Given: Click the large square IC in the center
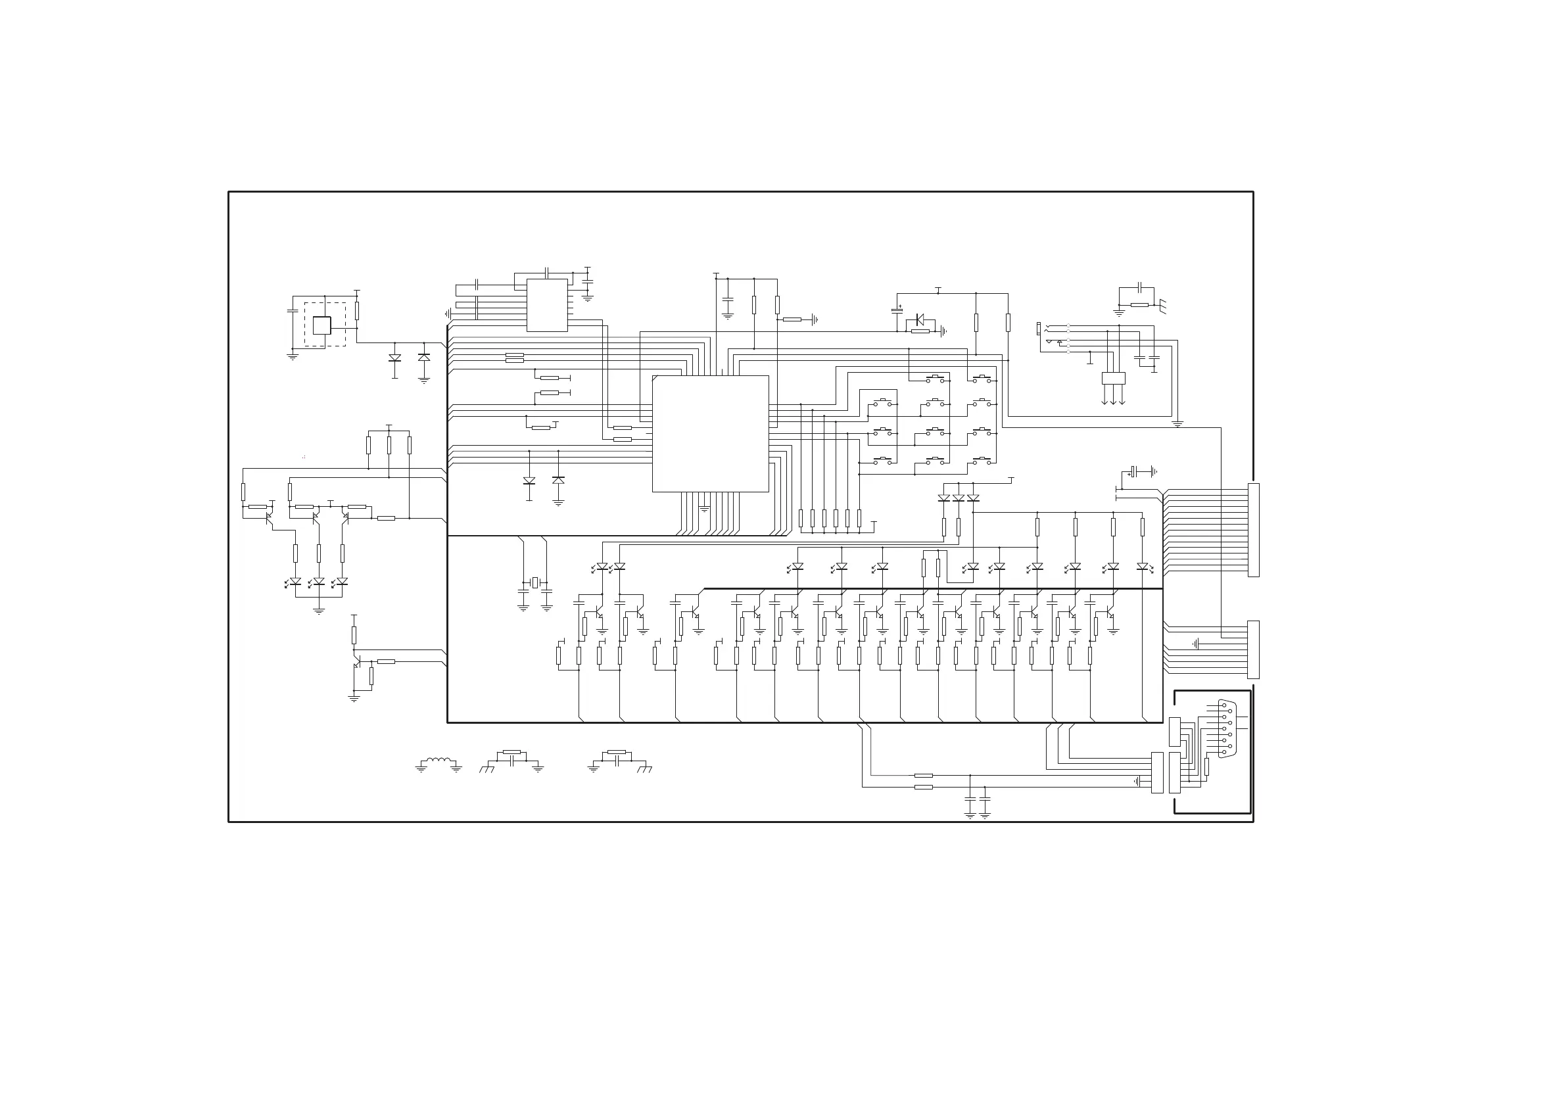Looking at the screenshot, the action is coord(710,433).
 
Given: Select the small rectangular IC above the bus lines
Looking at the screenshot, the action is coord(546,305).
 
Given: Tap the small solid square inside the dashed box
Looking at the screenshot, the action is coord(322,325).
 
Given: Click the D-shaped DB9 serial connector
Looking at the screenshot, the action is coord(1227,728).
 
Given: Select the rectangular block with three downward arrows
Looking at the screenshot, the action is coord(1113,379).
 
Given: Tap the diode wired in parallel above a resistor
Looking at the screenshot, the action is coord(919,319).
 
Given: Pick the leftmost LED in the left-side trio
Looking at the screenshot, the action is coord(295,582).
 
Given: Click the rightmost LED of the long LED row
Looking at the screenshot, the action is coord(1143,567).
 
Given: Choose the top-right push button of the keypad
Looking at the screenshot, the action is coord(982,379).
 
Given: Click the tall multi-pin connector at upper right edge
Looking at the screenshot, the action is coord(1253,530).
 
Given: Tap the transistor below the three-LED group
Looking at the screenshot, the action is coord(357,661).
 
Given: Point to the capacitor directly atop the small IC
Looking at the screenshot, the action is coord(547,273).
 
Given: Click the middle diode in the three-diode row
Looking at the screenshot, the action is coord(959,498).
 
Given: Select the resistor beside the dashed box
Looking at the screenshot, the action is coord(357,311).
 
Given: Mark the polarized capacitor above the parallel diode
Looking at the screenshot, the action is coord(897,310).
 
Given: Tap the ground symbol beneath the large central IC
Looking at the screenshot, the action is coord(705,509).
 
